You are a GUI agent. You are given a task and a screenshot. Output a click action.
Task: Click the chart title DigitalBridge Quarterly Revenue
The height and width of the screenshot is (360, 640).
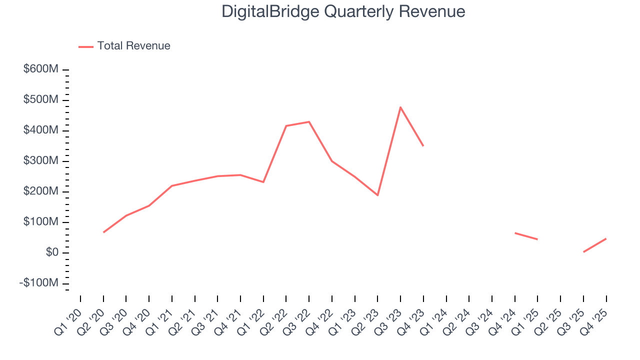click(x=343, y=12)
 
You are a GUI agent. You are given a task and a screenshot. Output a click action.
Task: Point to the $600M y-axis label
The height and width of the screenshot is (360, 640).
click(x=40, y=69)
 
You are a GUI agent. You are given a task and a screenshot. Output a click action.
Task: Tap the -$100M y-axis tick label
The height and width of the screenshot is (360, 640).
click(x=39, y=283)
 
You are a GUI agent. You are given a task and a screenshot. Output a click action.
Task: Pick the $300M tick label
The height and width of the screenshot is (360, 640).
click(x=40, y=161)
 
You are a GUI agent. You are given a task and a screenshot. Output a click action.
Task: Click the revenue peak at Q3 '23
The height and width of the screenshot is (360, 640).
click(x=400, y=107)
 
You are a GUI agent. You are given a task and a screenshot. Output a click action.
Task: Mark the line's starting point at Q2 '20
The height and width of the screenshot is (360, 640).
click(x=103, y=232)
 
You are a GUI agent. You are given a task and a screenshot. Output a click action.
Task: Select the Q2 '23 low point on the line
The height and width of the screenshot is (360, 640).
click(x=377, y=195)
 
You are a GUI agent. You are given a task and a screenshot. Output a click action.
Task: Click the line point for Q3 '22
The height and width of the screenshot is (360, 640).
click(x=309, y=121)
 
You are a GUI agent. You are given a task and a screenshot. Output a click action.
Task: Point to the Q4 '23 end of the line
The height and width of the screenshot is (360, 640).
click(x=423, y=145)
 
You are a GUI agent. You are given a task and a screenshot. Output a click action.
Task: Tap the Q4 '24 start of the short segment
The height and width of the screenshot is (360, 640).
click(x=515, y=232)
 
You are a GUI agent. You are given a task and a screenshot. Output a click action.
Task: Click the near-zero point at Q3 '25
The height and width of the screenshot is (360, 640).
click(x=583, y=252)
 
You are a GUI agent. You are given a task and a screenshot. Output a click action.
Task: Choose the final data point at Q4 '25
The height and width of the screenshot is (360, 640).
click(x=606, y=238)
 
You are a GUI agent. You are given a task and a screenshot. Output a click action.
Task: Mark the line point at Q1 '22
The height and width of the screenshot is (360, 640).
click(x=263, y=182)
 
